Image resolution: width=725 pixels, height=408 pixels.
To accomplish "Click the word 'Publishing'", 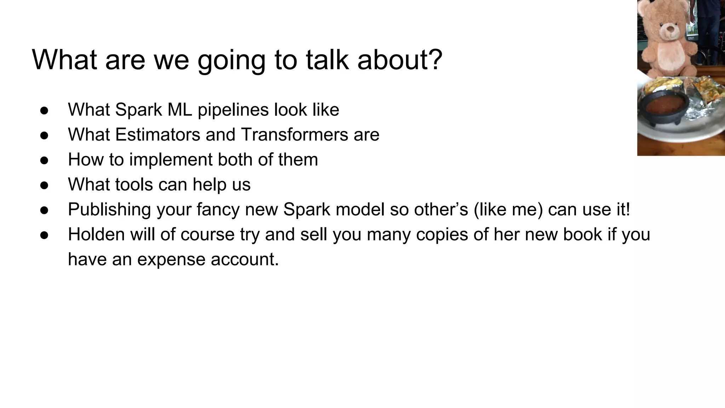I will pos(109,210).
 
